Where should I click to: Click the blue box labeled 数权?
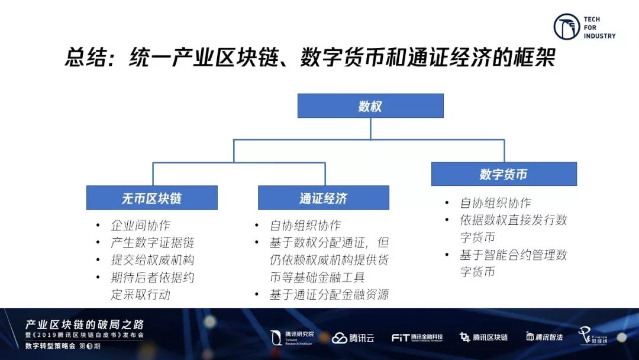tap(370, 106)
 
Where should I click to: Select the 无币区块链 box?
tap(152, 198)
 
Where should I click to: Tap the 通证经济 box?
tap(323, 198)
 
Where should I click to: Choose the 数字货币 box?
tap(504, 174)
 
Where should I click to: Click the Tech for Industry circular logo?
tap(566, 27)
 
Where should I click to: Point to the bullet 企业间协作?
tap(140, 226)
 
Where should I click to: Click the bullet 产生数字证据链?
tap(152, 243)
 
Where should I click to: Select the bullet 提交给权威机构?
tap(152, 260)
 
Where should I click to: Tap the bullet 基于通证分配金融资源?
tap(329, 294)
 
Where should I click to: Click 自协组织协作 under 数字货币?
tap(495, 202)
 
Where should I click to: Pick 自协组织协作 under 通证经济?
tap(305, 226)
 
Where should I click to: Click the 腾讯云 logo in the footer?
tap(353, 338)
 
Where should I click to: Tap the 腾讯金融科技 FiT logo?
tap(417, 337)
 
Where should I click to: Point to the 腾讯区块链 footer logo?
tap(484, 337)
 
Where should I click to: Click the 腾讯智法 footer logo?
tap(544, 337)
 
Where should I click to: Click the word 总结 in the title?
tap(84, 59)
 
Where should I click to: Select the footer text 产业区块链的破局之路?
tap(84, 325)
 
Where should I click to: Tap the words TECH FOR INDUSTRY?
tap(599, 28)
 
